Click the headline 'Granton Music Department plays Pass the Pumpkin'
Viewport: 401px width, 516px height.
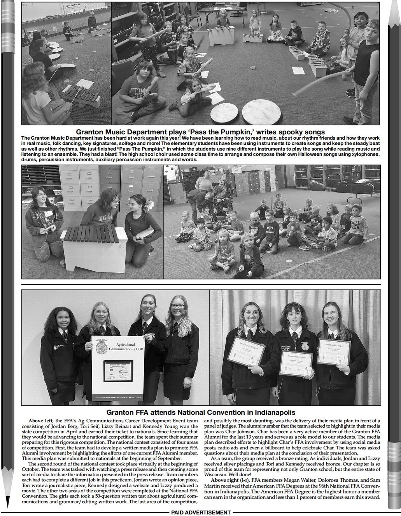pos(200,132)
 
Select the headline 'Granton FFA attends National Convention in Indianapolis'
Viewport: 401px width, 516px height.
pos(201,412)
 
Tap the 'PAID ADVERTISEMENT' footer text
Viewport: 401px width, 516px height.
pos(201,512)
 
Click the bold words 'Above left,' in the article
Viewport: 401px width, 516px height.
pos(41,421)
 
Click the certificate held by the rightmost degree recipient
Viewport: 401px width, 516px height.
pos(336,352)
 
